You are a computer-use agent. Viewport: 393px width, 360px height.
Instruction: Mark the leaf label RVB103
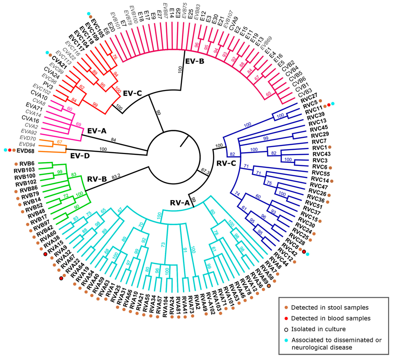point(25,169)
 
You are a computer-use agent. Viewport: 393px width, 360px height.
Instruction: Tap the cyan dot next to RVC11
point(333,104)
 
